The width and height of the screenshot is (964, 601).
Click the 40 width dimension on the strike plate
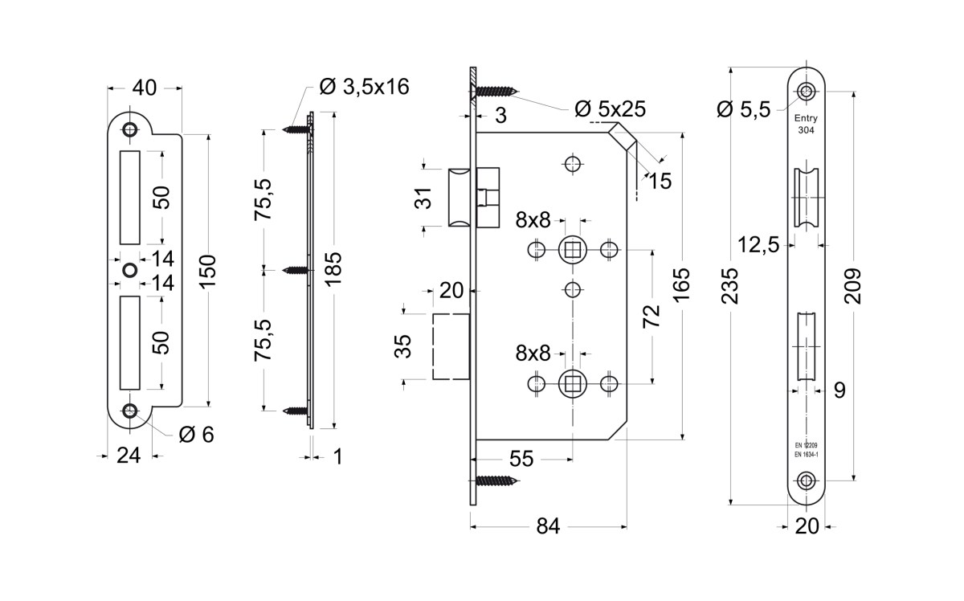(x=144, y=88)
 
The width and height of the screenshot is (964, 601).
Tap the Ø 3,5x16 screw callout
(x=364, y=87)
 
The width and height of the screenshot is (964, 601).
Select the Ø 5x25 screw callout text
(x=611, y=109)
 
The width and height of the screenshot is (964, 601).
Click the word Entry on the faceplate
(x=806, y=118)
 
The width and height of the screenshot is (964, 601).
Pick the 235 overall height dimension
(x=730, y=286)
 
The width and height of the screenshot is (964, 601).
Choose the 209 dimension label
(x=852, y=286)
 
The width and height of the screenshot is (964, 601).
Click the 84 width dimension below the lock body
(x=548, y=526)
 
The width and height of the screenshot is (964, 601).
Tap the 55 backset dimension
(x=521, y=460)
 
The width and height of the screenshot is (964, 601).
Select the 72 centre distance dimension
(x=652, y=316)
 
